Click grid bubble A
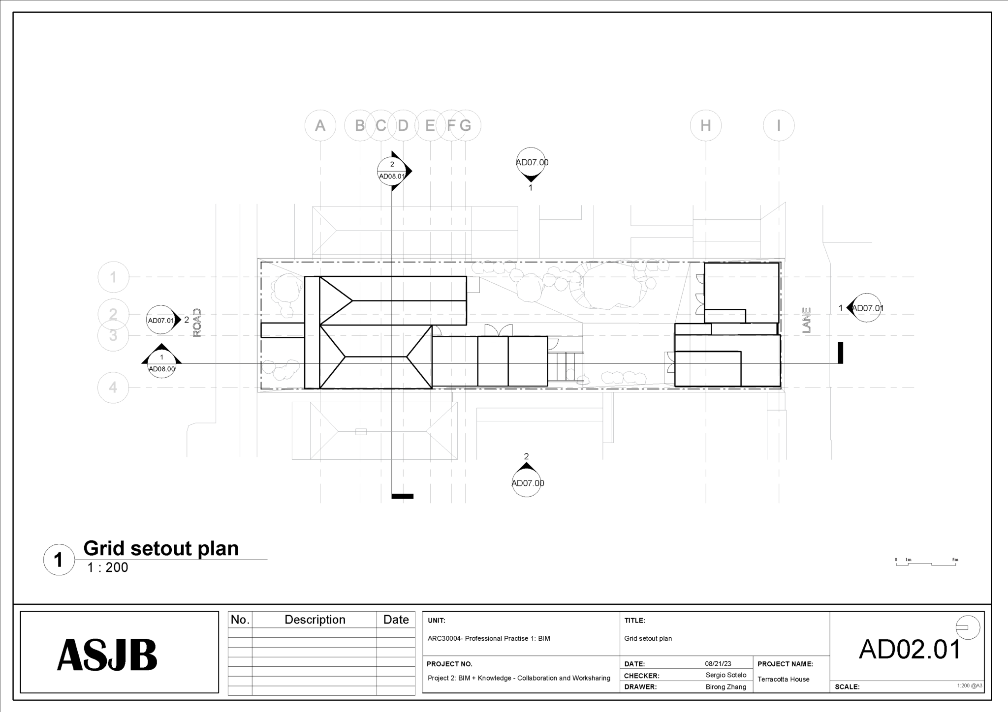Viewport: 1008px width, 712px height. click(320, 126)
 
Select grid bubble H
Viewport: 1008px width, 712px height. click(705, 126)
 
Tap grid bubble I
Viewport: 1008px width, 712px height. click(778, 126)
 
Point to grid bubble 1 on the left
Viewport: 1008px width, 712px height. click(113, 277)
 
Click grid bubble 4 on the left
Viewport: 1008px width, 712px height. click(113, 387)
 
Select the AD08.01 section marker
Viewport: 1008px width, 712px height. click(392, 171)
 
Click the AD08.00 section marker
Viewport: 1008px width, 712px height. click(161, 364)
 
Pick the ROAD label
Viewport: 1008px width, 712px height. click(197, 323)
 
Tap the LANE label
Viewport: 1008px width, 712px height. click(806, 320)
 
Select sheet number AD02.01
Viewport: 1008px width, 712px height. click(910, 650)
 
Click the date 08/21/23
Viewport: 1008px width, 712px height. click(718, 664)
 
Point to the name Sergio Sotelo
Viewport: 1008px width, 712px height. click(725, 675)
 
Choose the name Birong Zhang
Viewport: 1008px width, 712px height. click(725, 687)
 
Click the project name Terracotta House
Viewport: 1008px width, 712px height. click(783, 679)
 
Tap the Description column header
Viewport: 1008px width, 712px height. click(315, 620)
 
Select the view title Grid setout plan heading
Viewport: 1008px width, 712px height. click(161, 548)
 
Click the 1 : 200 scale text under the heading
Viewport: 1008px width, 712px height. click(108, 567)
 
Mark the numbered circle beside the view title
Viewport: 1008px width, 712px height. click(59, 560)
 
